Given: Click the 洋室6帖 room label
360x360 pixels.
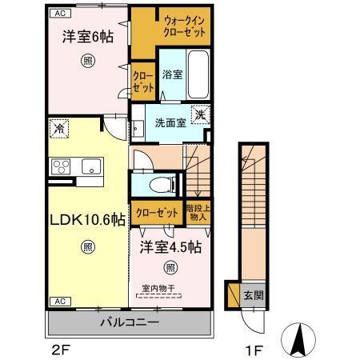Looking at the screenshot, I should (86, 37).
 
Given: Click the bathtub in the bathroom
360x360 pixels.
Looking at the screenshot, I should (198, 74).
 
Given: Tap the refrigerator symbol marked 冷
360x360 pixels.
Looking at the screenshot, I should (58, 126).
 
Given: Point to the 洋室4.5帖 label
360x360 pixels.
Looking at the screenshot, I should (170, 246).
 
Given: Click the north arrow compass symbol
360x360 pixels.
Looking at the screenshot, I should (298, 339).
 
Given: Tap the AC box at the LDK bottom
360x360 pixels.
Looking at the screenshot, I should (59, 301).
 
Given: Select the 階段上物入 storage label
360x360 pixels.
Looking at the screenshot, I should (198, 211).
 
